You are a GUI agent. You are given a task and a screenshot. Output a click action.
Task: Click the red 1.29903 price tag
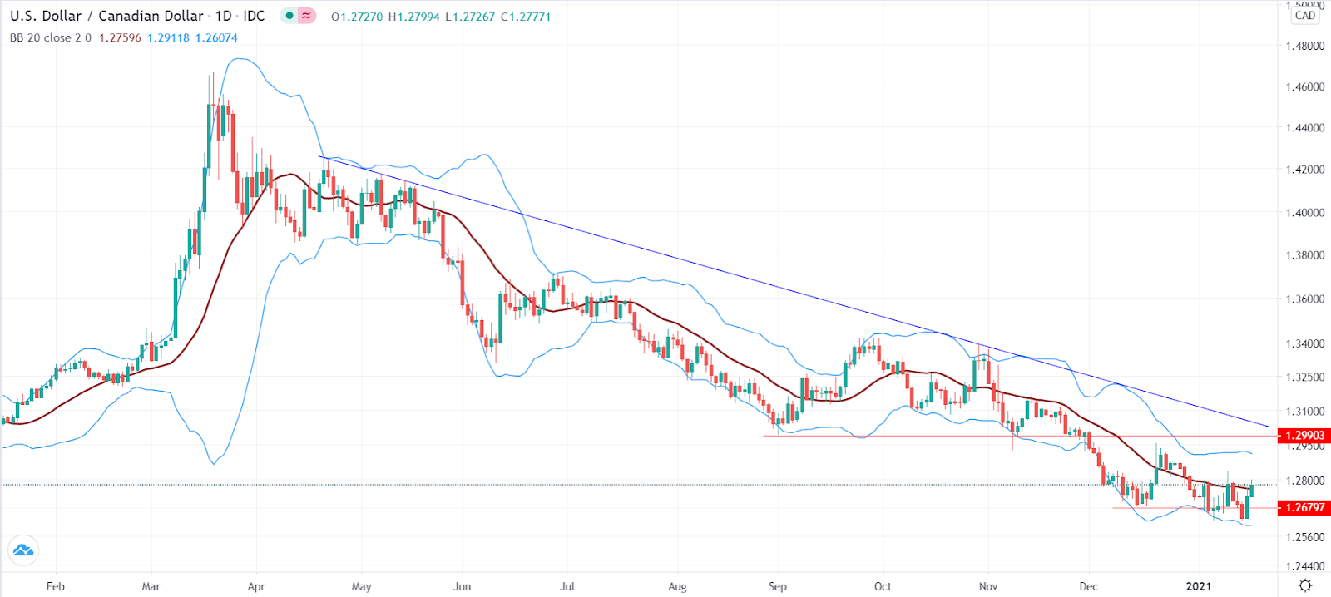tap(1304, 436)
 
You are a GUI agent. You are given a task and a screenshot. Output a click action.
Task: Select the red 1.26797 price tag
tap(1304, 507)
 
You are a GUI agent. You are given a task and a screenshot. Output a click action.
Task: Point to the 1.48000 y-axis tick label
tap(1305, 46)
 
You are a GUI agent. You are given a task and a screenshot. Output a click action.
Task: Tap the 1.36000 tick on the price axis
tap(1305, 299)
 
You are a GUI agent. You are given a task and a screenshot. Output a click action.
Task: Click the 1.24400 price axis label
tap(1305, 567)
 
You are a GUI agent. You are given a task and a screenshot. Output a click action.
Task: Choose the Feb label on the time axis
tap(56, 586)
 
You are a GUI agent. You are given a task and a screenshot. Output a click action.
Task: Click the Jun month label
tap(462, 586)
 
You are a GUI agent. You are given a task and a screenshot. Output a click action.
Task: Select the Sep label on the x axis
tap(778, 586)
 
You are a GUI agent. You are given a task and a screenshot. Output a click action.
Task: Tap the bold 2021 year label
tap(1198, 586)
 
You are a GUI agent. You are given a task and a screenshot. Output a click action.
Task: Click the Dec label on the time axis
tap(1088, 586)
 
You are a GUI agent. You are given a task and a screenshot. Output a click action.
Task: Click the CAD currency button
tap(1305, 16)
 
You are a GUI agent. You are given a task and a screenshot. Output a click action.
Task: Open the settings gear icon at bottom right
tap(1305, 585)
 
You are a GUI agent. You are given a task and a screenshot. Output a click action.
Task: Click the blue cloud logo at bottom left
tap(22, 550)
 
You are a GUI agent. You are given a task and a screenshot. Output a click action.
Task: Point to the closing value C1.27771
tap(526, 17)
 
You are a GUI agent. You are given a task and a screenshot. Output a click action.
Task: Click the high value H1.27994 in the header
tap(413, 17)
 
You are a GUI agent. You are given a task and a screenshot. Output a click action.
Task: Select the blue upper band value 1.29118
tap(168, 38)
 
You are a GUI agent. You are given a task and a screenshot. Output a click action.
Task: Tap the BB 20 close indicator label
tap(51, 38)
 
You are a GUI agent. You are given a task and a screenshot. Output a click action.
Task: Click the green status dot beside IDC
tap(289, 16)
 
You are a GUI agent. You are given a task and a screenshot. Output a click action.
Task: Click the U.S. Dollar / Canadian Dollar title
tap(106, 16)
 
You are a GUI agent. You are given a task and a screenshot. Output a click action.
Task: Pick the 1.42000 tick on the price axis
tap(1305, 170)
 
